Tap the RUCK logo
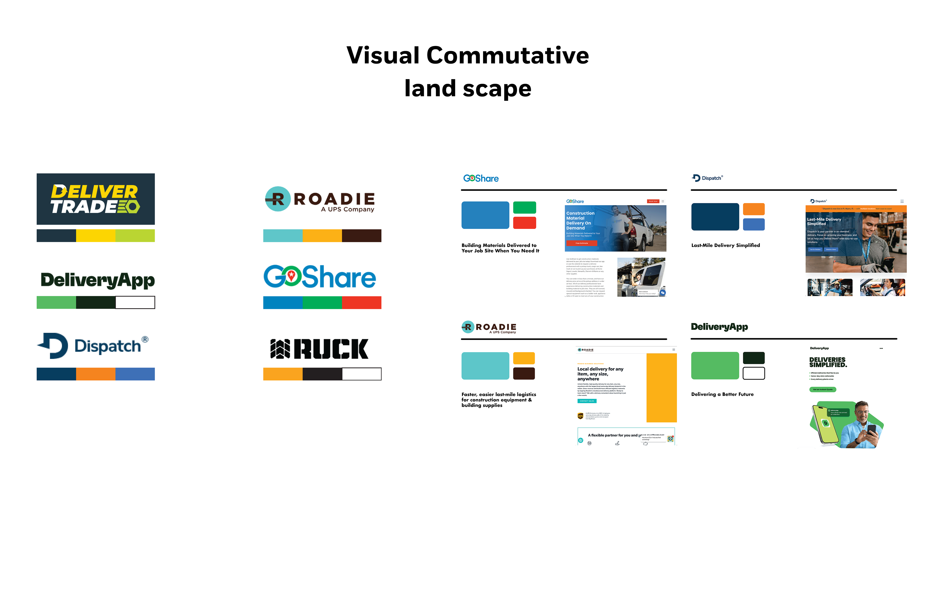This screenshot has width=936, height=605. click(319, 349)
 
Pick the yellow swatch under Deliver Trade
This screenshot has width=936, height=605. click(96, 236)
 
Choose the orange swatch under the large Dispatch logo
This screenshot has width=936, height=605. click(96, 374)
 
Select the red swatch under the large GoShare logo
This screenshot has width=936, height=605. click(361, 302)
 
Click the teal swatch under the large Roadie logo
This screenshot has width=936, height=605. click(283, 236)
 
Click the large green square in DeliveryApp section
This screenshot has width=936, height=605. click(715, 365)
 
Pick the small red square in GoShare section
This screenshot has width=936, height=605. click(525, 223)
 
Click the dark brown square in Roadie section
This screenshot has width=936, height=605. click(524, 373)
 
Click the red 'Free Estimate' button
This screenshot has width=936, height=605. click(581, 243)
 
